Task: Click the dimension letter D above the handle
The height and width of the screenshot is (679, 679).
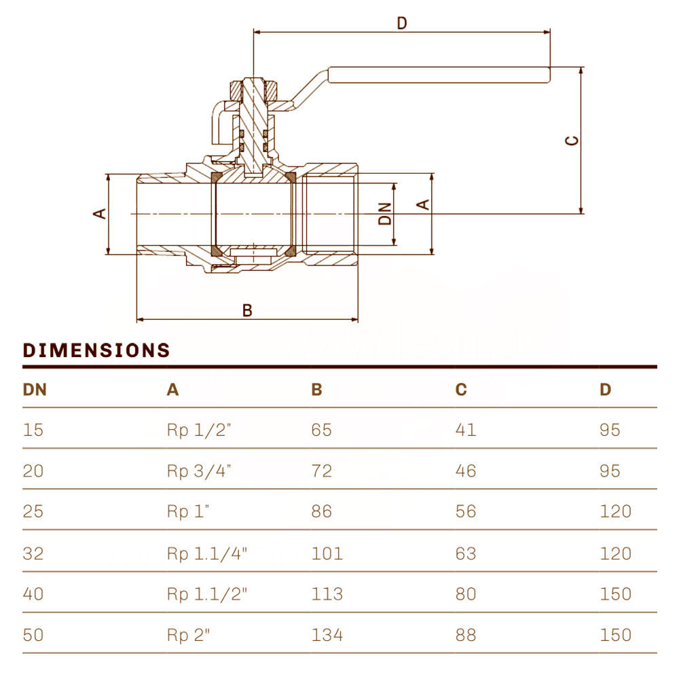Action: (402, 22)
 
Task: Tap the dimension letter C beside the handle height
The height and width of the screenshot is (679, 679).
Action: (572, 141)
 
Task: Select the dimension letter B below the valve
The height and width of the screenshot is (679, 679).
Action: (247, 310)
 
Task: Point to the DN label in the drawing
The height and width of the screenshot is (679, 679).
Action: (384, 214)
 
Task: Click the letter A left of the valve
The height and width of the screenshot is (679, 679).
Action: (100, 213)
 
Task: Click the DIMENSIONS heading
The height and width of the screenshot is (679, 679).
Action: (96, 350)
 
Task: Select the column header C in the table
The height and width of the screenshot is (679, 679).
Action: (461, 390)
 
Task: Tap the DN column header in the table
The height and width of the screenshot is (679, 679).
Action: (35, 390)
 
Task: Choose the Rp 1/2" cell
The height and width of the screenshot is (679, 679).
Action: (199, 430)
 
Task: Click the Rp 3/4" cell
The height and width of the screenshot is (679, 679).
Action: (199, 471)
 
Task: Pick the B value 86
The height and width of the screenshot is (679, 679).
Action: (321, 511)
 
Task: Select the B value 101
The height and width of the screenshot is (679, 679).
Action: (327, 553)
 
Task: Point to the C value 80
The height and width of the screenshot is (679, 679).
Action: (466, 593)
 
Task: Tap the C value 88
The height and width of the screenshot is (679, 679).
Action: (466, 635)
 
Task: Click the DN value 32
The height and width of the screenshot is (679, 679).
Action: (33, 553)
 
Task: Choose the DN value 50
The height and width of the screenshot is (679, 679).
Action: (33, 635)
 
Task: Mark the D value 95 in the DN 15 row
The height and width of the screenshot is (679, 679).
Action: (610, 430)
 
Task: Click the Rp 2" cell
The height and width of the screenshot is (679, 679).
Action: (188, 635)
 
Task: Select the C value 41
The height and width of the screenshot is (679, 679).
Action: (466, 430)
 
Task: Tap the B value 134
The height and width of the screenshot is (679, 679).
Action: (327, 635)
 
